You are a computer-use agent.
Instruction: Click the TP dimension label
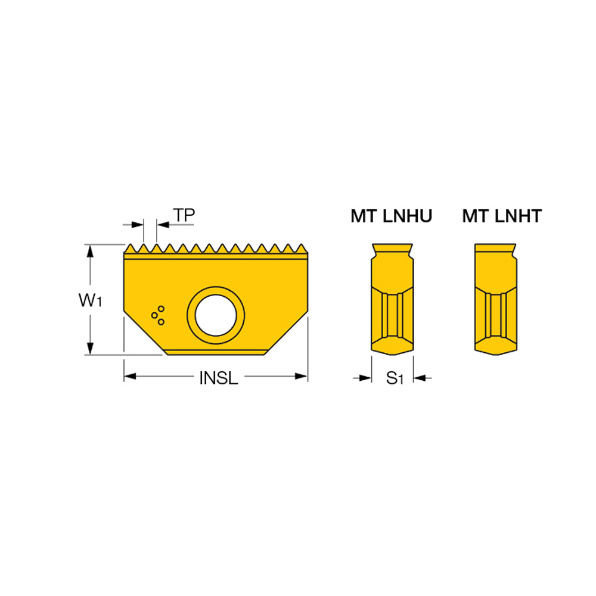[x=184, y=215]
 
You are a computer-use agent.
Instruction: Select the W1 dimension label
[x=90, y=300]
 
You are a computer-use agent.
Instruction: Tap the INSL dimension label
[x=219, y=378]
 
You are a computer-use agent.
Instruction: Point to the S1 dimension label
[x=394, y=378]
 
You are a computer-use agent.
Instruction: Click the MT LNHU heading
[x=391, y=216]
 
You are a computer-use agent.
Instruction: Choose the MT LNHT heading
[x=502, y=216]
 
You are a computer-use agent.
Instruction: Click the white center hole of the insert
[x=216, y=315]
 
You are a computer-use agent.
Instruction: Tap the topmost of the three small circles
[x=161, y=309]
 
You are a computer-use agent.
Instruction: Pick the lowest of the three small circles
[x=161, y=322]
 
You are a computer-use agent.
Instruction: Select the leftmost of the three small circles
[x=155, y=315]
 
